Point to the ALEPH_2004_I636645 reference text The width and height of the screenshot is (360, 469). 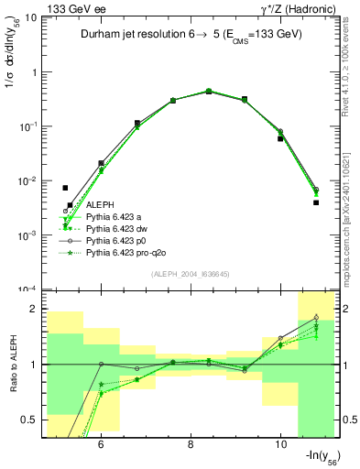coord(189,273)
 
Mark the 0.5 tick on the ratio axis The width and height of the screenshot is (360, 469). coord(32,420)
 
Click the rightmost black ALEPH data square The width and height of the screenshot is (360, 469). coord(315,202)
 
